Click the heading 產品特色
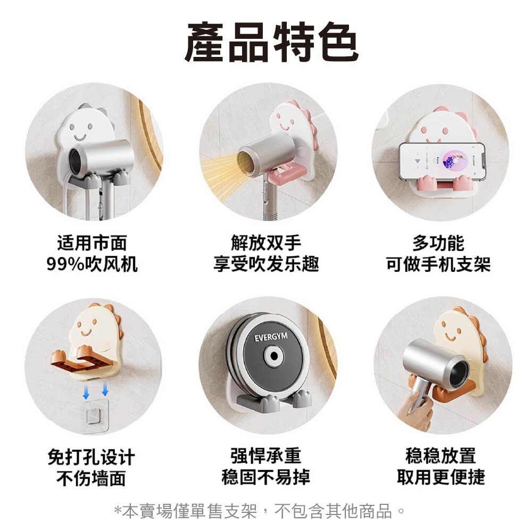pos(271,42)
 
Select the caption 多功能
pos(438,243)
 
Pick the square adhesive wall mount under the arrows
pos(95,416)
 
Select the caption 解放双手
pos(266,243)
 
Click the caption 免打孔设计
pos(91,457)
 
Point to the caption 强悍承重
pos(265,455)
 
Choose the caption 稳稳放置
pos(440,455)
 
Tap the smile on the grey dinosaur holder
pos(80,137)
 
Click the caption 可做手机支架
pos(438,264)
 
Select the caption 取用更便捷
pos(440,477)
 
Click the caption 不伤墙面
pos(91,478)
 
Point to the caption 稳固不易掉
pos(265,477)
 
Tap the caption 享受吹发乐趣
pos(266,264)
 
